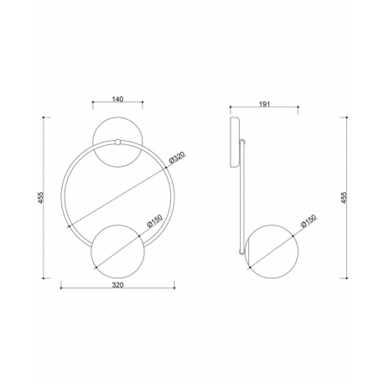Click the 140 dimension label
(x=117, y=99)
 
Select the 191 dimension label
(x=264, y=104)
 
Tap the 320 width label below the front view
(x=117, y=285)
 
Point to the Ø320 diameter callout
(x=178, y=158)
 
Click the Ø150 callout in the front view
(x=154, y=221)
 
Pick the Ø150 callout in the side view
(x=309, y=221)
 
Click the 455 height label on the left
(x=41, y=198)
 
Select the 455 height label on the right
(x=344, y=198)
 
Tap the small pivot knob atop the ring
(x=117, y=143)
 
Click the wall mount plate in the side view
(x=235, y=143)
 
